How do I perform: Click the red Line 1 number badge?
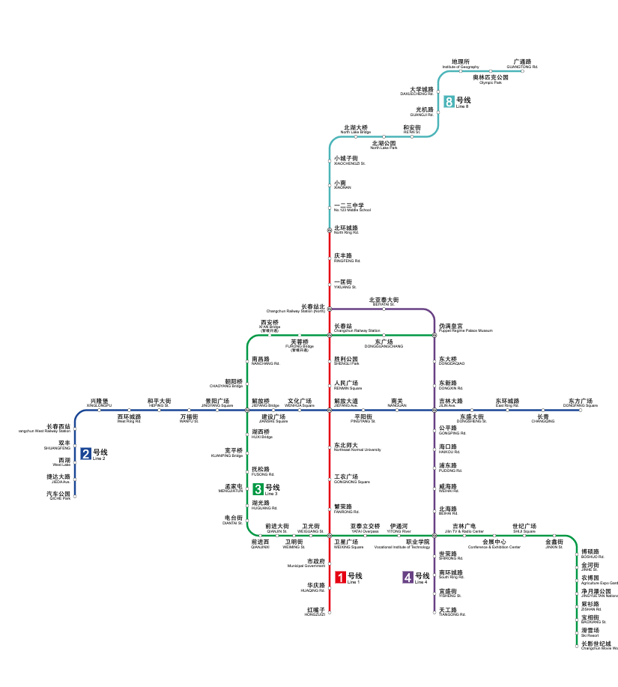tap(340, 577)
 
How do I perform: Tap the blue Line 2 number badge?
tap(86, 453)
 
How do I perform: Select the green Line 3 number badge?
tap(258, 489)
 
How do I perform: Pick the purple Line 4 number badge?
tap(408, 577)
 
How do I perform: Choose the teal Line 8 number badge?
tap(449, 102)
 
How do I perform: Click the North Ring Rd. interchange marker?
tap(329, 230)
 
